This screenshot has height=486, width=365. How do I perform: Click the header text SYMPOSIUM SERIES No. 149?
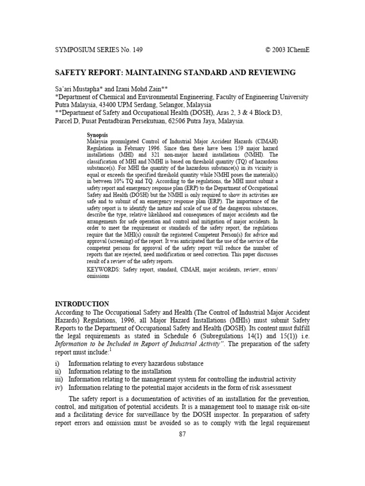99,49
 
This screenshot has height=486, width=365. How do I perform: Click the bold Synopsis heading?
98,135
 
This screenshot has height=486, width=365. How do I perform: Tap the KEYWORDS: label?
104,270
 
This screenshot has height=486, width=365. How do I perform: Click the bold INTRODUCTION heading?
82,304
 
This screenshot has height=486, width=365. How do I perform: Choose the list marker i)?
58,364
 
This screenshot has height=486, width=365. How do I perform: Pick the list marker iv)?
60,388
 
